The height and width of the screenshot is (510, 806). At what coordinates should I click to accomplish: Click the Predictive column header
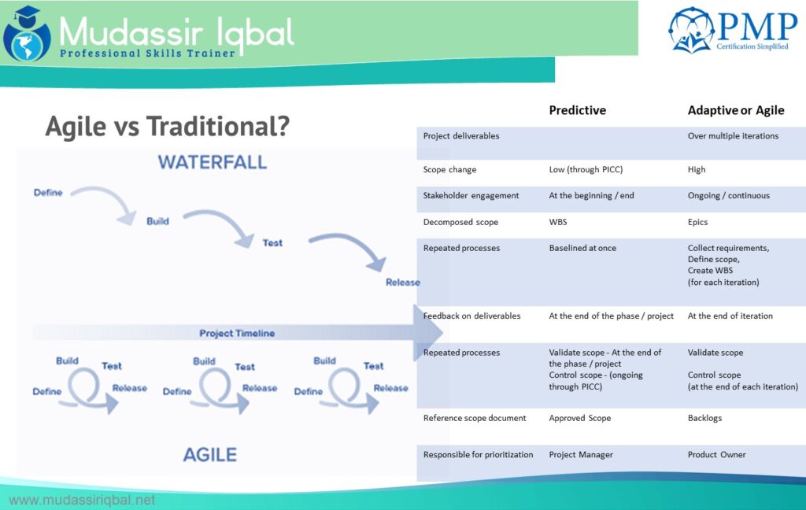(577, 110)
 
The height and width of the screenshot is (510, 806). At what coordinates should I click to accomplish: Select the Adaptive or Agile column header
(735, 110)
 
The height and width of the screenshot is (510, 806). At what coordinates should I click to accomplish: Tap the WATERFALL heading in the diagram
(213, 163)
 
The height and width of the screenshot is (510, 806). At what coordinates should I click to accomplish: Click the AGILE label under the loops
(210, 454)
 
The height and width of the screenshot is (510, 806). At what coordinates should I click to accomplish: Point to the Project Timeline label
(237, 334)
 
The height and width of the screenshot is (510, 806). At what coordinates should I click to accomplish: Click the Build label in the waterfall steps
(157, 221)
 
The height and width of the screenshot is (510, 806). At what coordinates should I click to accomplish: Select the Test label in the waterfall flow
(272, 242)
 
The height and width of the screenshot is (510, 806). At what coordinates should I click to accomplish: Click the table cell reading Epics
(697, 222)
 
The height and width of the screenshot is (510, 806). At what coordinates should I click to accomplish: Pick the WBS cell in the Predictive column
(558, 222)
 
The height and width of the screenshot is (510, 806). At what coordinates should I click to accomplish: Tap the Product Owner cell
(716, 454)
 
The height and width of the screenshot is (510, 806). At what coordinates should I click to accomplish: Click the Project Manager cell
(580, 454)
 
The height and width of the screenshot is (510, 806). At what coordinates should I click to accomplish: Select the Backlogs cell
(704, 418)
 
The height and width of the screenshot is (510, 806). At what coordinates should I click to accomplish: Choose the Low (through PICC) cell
(585, 169)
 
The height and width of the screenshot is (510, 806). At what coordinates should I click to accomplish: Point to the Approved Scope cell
(579, 418)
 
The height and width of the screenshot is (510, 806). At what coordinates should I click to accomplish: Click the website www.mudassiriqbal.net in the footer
(82, 500)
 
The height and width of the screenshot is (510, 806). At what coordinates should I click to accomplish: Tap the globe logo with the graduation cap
(26, 34)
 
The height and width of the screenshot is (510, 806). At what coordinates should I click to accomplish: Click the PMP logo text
(756, 28)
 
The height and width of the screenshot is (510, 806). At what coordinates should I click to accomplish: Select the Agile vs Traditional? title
(167, 126)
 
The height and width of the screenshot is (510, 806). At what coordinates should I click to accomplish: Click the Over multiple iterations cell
(733, 136)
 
